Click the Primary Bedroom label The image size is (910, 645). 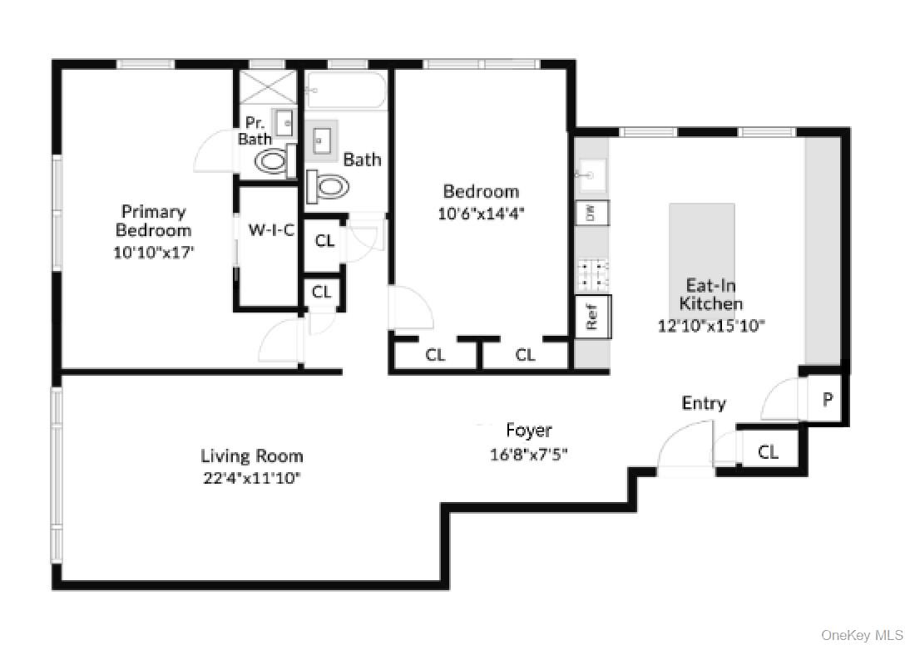[153, 221]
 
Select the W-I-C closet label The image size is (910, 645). [271, 230]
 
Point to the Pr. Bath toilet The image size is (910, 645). [271, 161]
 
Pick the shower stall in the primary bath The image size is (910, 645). [268, 87]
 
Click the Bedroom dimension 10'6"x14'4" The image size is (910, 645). [480, 213]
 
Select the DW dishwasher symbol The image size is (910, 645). [592, 214]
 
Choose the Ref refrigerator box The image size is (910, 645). [593, 317]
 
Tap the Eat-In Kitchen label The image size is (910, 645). [711, 294]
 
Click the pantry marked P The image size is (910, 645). [827, 400]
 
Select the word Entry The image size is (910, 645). [704, 403]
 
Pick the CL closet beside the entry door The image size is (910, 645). [768, 451]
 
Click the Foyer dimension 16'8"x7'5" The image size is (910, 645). [528, 455]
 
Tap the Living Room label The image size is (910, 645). [251, 455]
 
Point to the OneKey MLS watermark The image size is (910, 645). [862, 635]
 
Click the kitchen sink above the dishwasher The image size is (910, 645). [591, 175]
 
